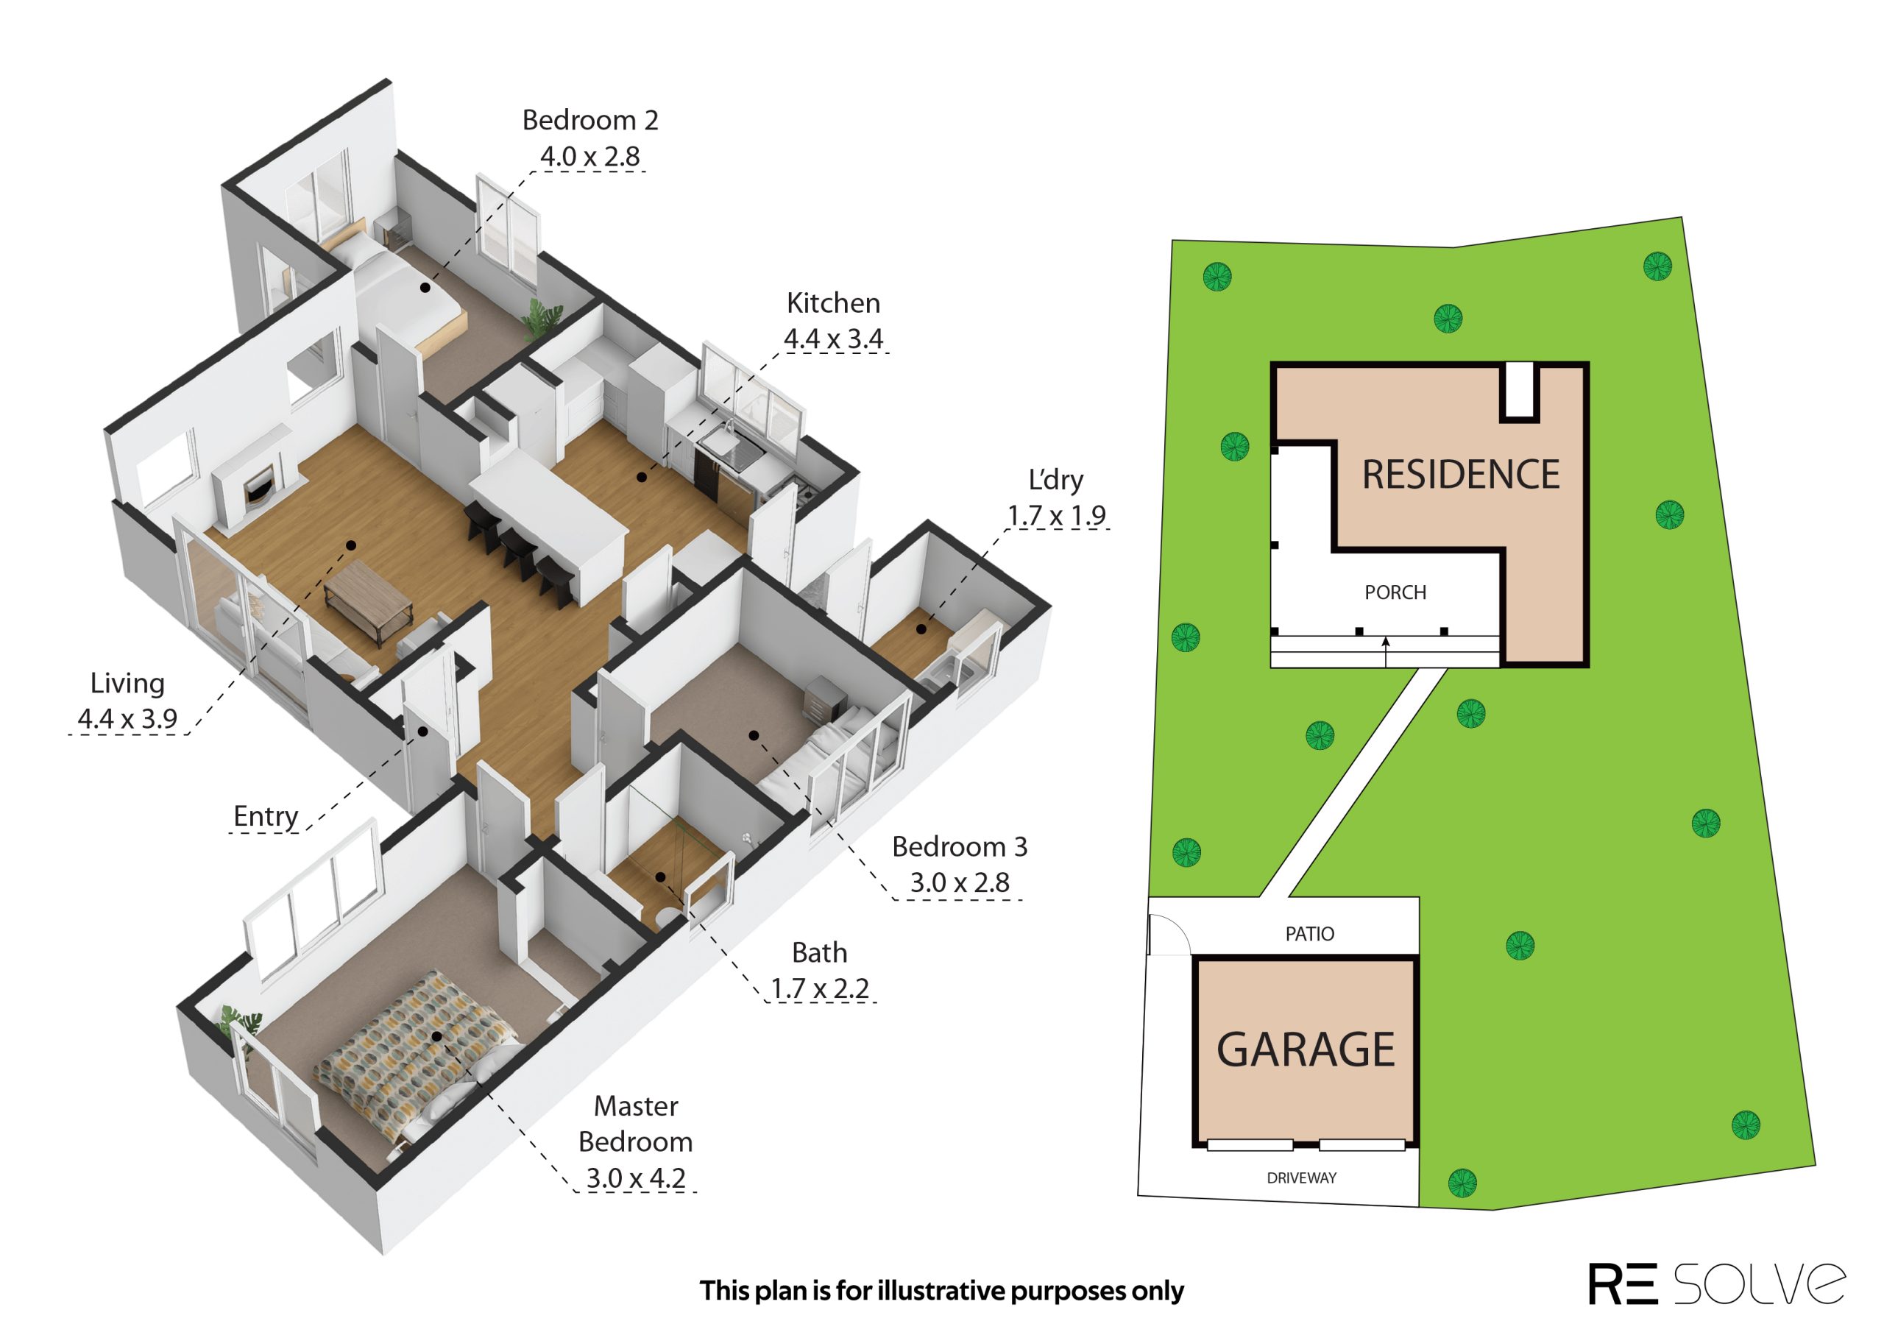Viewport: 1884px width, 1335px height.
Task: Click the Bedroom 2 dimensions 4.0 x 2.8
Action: [589, 156]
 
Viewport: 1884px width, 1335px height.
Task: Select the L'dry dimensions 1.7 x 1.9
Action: [1056, 515]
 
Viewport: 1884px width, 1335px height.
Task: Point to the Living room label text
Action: [127, 684]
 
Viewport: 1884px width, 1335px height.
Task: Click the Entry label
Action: [266, 816]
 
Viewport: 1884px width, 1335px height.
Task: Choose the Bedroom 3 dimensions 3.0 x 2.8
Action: [959, 883]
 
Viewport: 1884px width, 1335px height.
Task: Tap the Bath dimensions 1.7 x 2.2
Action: [820, 988]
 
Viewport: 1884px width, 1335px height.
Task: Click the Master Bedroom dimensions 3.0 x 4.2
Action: [635, 1178]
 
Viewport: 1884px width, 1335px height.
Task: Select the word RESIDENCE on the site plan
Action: [1461, 475]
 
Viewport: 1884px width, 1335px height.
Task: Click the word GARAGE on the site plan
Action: [1306, 1049]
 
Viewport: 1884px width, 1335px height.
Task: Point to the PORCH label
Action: [1395, 592]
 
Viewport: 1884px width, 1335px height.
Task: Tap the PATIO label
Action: [1309, 934]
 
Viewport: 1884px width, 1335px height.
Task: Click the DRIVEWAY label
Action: [1301, 1178]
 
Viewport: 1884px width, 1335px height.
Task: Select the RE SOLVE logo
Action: [1717, 1283]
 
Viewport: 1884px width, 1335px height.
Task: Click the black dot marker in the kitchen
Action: [641, 477]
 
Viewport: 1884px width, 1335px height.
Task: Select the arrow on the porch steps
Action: [1386, 651]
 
